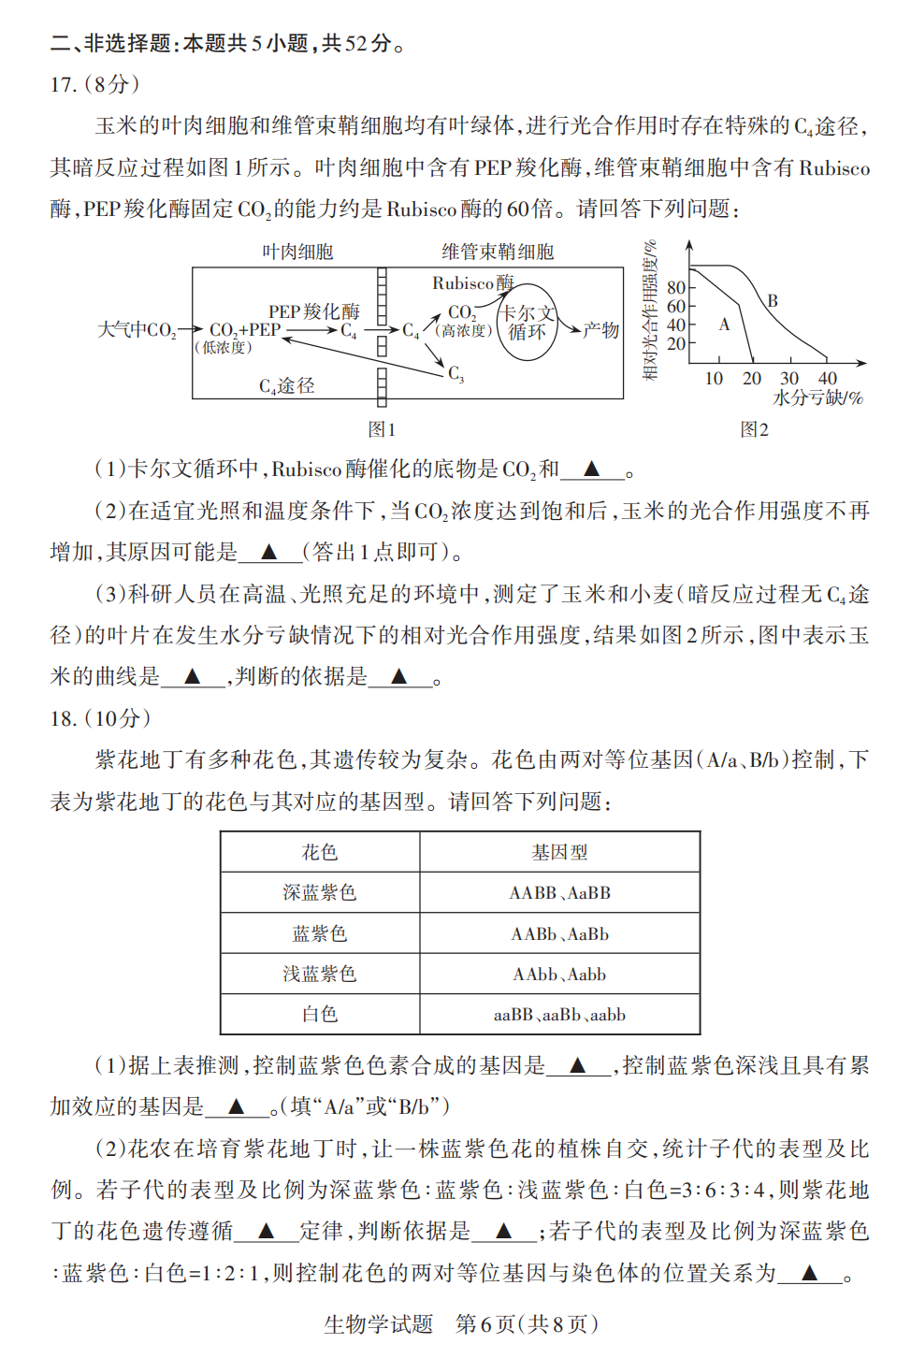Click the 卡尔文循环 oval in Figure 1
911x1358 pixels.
click(x=527, y=323)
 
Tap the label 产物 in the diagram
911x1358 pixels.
click(x=601, y=330)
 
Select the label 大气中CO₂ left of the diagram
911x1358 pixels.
click(x=137, y=330)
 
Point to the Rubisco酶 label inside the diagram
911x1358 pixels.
click(x=472, y=282)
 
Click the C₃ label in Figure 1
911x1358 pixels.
click(x=455, y=374)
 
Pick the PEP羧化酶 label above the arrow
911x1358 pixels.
click(x=313, y=311)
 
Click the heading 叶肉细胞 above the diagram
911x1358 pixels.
click(x=297, y=252)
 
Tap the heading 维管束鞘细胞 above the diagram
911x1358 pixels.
click(x=498, y=252)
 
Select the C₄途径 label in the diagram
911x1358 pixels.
click(x=286, y=385)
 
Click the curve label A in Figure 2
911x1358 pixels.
click(x=724, y=325)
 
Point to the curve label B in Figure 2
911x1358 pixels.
click(x=773, y=301)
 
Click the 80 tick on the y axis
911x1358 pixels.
click(x=675, y=288)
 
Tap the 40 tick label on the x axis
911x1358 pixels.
click(x=828, y=379)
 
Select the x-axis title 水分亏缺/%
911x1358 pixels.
click(x=817, y=398)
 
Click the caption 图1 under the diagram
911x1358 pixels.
click(x=382, y=429)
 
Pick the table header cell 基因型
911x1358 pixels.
click(x=559, y=852)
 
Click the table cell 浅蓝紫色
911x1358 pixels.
click(x=320, y=974)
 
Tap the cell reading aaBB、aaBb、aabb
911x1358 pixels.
click(x=559, y=1015)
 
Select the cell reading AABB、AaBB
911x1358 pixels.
click(x=559, y=893)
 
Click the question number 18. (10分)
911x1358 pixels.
click(x=100, y=718)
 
